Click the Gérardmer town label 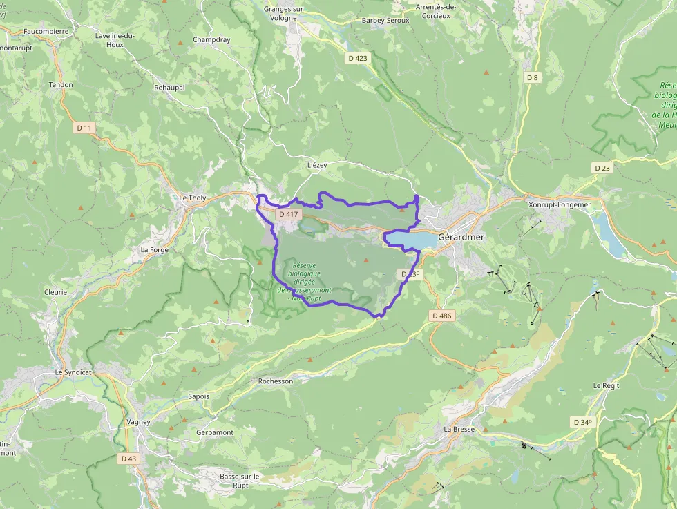(461, 236)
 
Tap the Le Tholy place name (193, 198)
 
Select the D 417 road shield (288, 215)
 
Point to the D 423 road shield (358, 58)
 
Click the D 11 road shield (84, 128)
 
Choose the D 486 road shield (441, 316)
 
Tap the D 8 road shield (532, 77)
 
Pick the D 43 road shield (128, 458)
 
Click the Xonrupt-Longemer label (559, 204)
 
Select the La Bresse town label (459, 429)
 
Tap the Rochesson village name (276, 381)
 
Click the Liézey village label (316, 166)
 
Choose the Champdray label (211, 39)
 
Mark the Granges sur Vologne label (284, 14)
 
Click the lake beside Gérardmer (412, 239)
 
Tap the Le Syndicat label (73, 372)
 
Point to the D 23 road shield (602, 168)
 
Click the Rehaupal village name (169, 88)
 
